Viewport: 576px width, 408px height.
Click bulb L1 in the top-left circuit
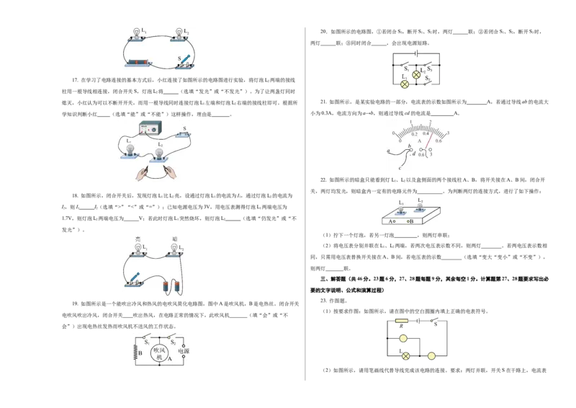point(136,32)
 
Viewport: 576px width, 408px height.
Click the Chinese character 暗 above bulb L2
point(174,239)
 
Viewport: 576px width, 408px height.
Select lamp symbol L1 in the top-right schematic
point(404,84)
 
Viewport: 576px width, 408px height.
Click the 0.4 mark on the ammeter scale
point(426,134)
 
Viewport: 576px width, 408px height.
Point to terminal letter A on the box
point(391,222)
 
